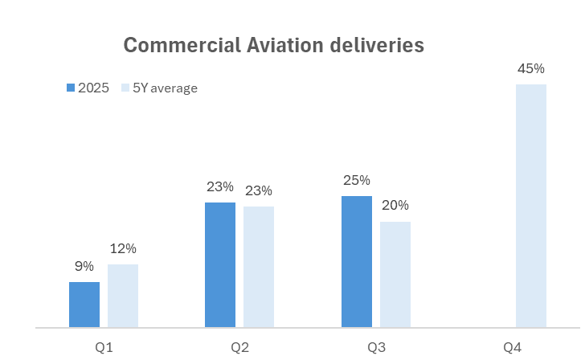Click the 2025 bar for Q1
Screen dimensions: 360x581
(84, 305)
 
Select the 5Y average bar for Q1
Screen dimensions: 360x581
(123, 296)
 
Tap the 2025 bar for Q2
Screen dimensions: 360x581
(220, 265)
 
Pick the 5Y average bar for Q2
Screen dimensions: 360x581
(259, 267)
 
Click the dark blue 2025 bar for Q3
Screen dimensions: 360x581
(357, 262)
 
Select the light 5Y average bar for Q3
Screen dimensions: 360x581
(395, 275)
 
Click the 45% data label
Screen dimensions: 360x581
(531, 69)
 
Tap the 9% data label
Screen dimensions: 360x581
(84, 267)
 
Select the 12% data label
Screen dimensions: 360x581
(123, 249)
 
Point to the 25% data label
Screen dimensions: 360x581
(357, 181)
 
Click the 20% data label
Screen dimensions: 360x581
(395, 207)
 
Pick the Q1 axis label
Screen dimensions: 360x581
(104, 348)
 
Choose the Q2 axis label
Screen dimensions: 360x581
(239, 348)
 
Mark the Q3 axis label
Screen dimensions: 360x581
(376, 348)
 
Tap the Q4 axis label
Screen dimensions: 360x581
(512, 348)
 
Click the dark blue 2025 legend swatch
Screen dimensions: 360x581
(71, 88)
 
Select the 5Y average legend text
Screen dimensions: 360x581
(166, 88)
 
